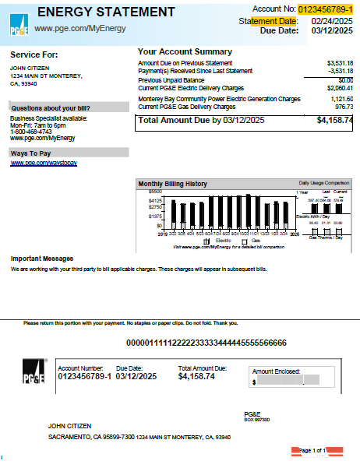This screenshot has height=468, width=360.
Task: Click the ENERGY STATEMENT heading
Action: coord(106,12)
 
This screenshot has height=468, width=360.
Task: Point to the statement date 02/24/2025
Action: coord(332,21)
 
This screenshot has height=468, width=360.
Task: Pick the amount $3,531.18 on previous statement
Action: coord(340,62)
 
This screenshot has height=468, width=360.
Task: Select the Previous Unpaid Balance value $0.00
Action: coord(345,79)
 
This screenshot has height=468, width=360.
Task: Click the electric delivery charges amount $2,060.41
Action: coord(340,88)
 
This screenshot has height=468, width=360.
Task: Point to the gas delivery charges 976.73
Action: coord(344,107)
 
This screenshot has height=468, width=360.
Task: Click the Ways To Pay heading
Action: coord(30,153)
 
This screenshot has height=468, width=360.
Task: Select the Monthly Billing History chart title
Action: coord(172,184)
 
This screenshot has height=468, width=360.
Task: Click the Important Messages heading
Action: coord(42,258)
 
